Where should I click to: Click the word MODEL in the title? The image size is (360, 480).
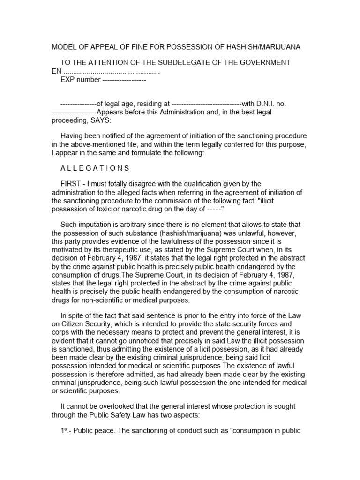(63, 47)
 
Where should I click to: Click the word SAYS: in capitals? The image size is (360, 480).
(101, 120)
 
